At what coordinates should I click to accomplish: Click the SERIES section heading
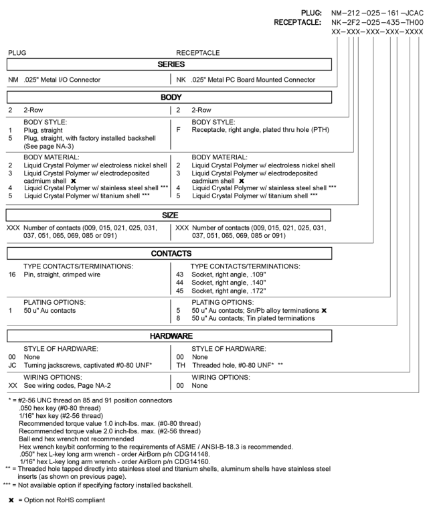(170, 64)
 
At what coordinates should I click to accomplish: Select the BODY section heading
(171, 98)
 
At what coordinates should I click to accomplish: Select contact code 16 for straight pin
(12, 274)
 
